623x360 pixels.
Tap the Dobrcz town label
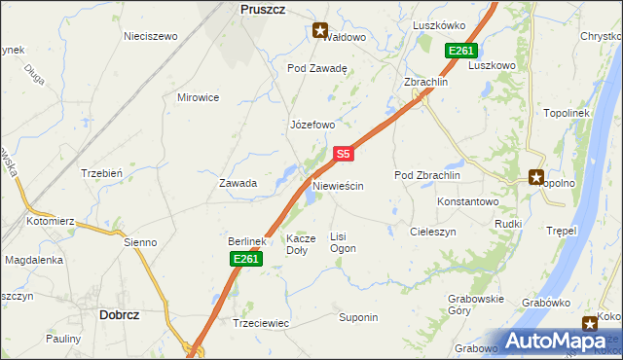pyautogui.click(x=123, y=314)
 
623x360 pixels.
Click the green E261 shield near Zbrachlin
pyautogui.click(x=460, y=51)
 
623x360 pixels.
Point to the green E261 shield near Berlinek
pyautogui.click(x=245, y=258)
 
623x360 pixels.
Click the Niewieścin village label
pyautogui.click(x=338, y=185)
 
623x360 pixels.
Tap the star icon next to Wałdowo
pyautogui.click(x=320, y=30)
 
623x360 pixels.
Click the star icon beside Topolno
pyautogui.click(x=535, y=177)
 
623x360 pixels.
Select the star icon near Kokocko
pyautogui.click(x=590, y=324)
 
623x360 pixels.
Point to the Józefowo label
pyautogui.click(x=312, y=126)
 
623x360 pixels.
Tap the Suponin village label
pyautogui.click(x=358, y=318)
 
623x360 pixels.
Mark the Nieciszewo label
pyautogui.click(x=151, y=36)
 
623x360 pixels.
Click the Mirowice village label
pyautogui.click(x=198, y=97)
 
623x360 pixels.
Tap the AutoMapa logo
pyautogui.click(x=560, y=341)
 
